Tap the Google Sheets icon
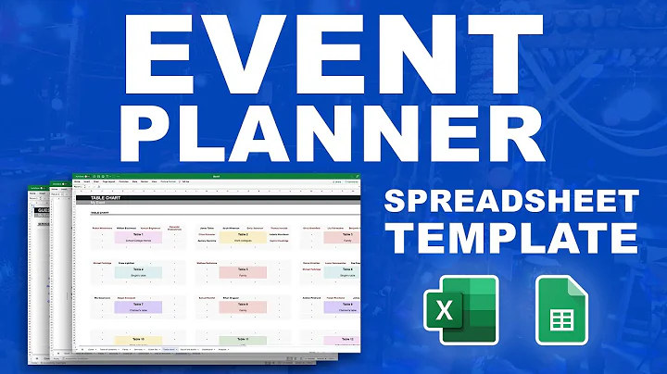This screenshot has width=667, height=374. point(561,311)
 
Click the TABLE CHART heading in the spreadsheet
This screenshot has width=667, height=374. point(109,198)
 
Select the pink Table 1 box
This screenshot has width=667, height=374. point(137,237)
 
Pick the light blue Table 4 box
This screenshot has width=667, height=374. point(137,271)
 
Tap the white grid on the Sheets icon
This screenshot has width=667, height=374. point(560,320)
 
